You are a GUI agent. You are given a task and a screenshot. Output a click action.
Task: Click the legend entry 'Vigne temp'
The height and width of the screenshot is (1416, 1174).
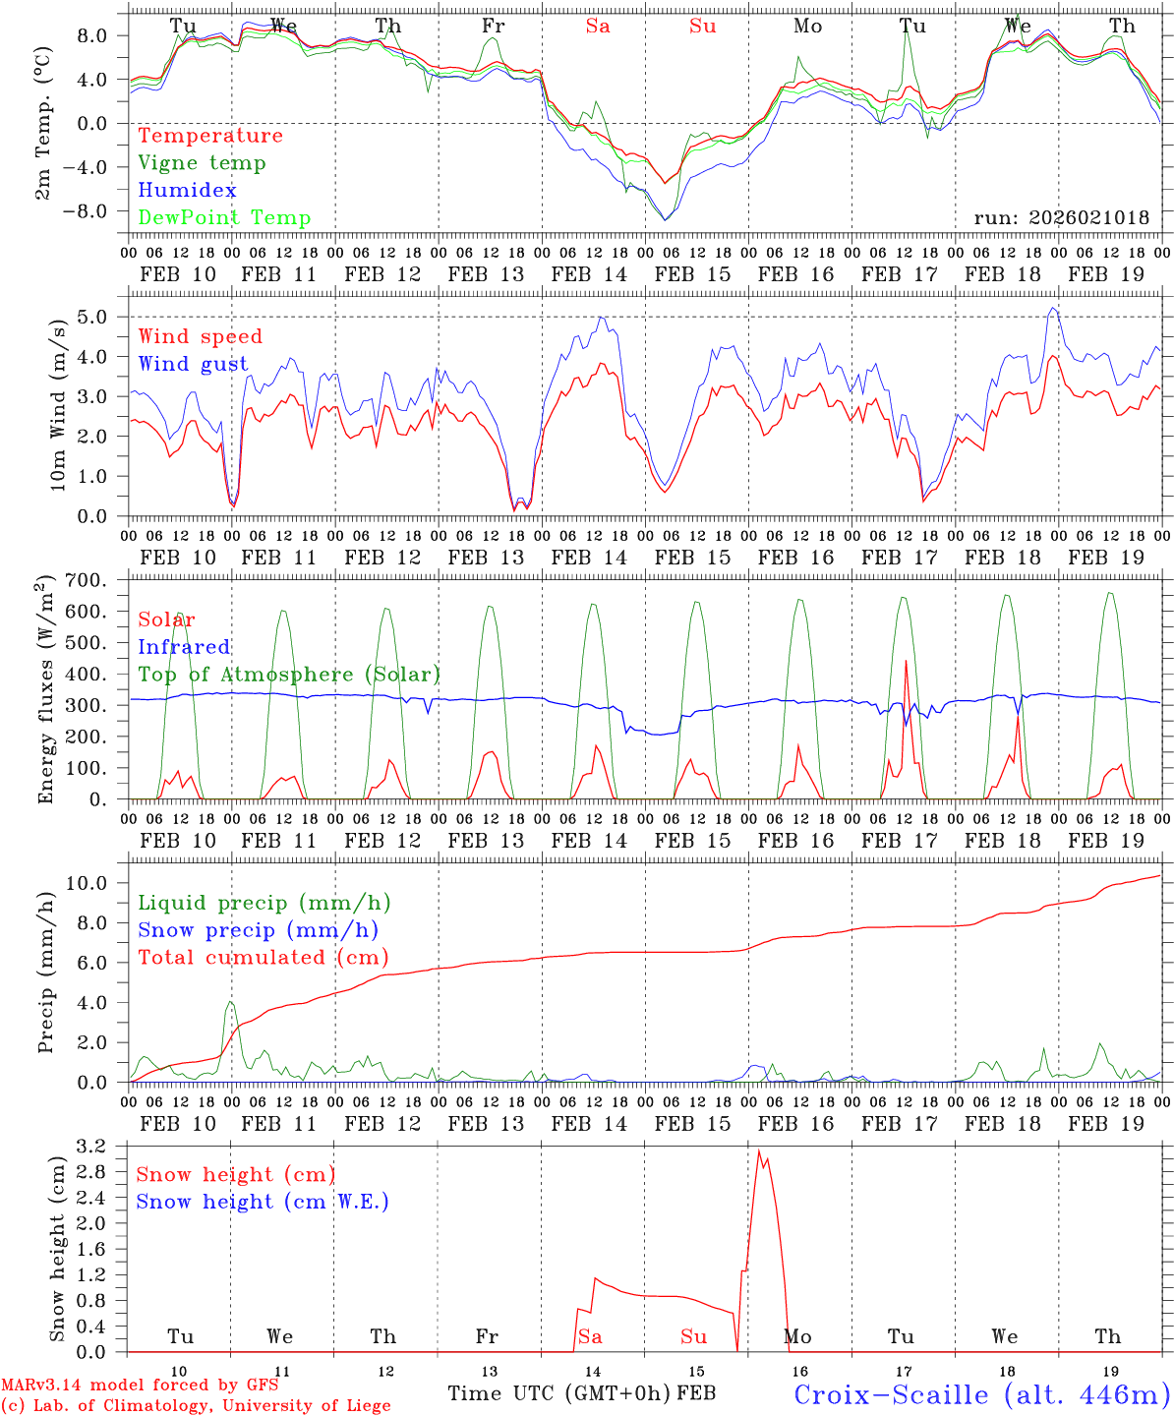202,163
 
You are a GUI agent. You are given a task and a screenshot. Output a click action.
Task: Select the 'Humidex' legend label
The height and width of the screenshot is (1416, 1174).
187,191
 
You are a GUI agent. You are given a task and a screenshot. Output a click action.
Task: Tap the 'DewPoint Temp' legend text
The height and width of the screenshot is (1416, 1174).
224,218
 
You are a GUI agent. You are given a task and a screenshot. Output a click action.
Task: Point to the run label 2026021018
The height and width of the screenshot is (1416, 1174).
1061,218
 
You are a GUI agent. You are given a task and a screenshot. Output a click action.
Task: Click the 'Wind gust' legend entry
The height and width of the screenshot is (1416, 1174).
193,364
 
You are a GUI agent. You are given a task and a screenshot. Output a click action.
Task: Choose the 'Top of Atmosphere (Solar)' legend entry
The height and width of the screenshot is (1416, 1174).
289,675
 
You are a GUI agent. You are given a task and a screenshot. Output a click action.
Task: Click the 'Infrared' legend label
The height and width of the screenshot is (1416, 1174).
184,647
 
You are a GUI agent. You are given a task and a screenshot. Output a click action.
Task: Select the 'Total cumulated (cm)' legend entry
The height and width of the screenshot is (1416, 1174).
263,958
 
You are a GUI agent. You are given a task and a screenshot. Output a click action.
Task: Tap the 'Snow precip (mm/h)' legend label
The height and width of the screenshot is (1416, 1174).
258,930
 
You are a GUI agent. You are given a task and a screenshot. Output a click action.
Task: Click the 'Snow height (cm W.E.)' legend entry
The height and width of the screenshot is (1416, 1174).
263,1202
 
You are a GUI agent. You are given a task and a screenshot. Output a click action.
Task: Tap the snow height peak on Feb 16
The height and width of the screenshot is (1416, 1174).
758,1151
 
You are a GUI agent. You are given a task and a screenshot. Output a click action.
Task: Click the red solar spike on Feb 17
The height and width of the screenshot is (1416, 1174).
906,662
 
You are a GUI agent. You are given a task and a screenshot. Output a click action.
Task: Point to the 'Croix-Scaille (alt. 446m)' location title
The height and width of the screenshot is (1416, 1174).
981,1394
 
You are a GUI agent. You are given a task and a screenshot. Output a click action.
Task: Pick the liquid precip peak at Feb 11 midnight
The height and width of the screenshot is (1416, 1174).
230,1003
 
